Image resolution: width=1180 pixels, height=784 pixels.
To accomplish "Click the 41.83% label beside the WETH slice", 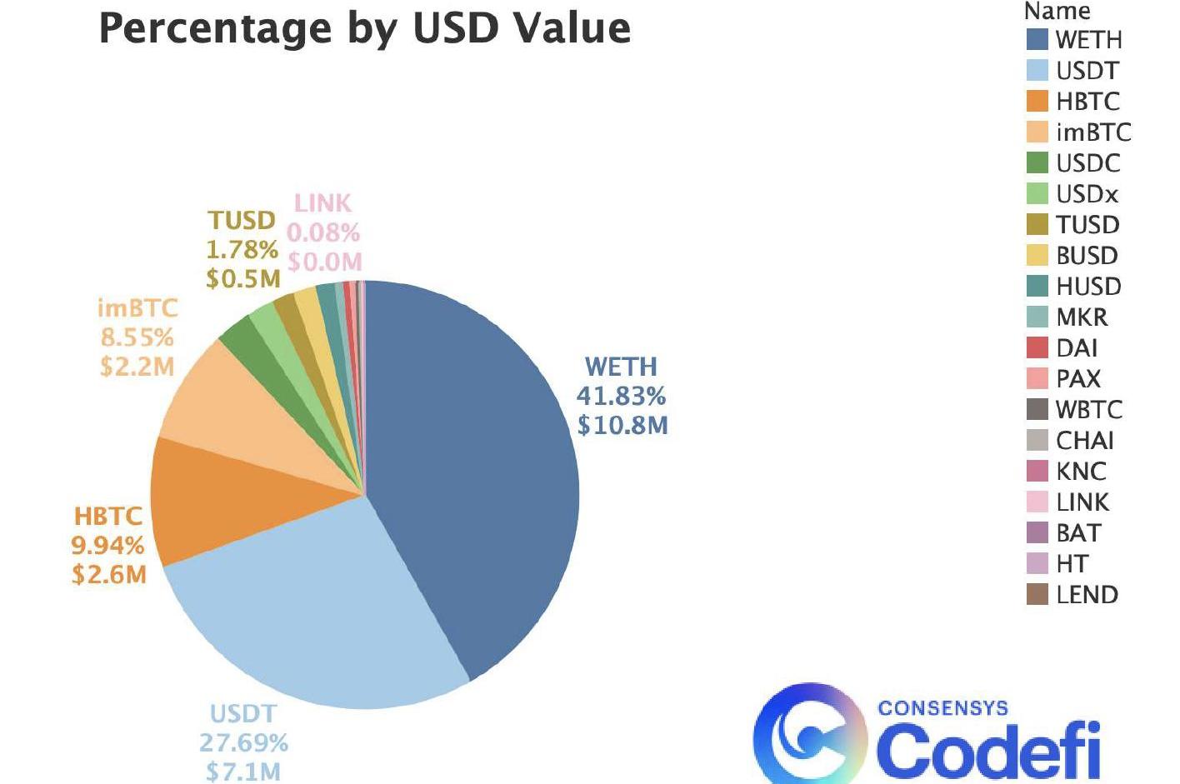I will pos(621,396).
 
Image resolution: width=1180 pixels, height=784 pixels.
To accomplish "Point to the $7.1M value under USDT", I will pos(242,772).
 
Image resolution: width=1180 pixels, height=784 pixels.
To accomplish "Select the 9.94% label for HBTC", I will pos(107,546).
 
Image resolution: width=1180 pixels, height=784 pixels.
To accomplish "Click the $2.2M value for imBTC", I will pos(137,367).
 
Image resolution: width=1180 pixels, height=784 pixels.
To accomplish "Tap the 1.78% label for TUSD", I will pos(242,249).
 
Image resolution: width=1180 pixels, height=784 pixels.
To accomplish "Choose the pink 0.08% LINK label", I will pos(323,232).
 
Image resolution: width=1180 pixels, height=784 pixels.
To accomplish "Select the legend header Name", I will pos(1057,12).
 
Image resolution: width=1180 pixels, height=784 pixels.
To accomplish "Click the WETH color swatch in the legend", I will pos(1037,40).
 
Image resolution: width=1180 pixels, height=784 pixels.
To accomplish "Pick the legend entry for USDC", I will pos(1087,163).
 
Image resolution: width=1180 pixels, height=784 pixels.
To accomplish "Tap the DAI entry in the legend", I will pos(1077,348).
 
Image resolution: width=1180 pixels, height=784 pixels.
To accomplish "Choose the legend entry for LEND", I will pos(1087,595).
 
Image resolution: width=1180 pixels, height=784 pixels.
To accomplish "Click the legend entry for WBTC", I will pos(1088,410).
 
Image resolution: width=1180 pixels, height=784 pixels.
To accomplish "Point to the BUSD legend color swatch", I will pos(1037,256).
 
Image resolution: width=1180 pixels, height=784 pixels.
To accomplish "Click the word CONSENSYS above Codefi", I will pos(942,709).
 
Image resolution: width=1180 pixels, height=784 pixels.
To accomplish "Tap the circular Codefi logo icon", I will pos(808,733).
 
